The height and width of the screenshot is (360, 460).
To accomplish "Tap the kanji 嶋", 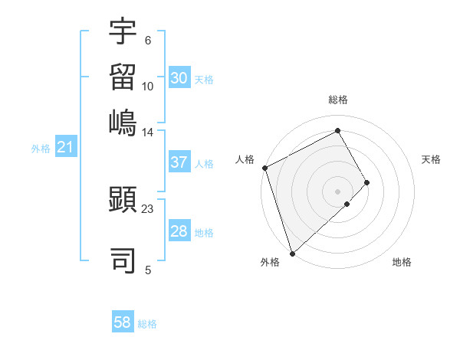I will pyautogui.click(x=123, y=120).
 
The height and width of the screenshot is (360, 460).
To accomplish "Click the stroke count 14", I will pyautogui.click(x=148, y=133).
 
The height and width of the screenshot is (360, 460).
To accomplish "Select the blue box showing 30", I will pyautogui.click(x=179, y=77).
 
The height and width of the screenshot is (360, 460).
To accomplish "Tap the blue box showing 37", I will pyautogui.click(x=179, y=162).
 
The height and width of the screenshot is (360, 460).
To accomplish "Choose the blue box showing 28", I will pyautogui.click(x=179, y=231).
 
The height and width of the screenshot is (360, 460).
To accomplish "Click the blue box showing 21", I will pyautogui.click(x=65, y=147).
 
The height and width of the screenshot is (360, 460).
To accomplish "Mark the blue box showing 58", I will pyautogui.click(x=123, y=322).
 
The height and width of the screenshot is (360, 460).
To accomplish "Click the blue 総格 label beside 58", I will pyautogui.click(x=147, y=324).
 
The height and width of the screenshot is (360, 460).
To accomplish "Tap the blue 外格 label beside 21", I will pyautogui.click(x=41, y=149).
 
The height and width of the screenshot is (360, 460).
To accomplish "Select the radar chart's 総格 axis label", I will pyautogui.click(x=338, y=100).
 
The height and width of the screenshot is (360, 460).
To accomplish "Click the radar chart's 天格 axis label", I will pyautogui.click(x=431, y=160).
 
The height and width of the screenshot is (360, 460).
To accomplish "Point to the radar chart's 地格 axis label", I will pyautogui.click(x=402, y=262).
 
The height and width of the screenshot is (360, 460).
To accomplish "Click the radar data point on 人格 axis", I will pyautogui.click(x=264, y=168).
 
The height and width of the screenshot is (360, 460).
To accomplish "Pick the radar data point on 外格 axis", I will pyautogui.click(x=292, y=253).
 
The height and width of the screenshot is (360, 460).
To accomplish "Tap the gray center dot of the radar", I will pyautogui.click(x=338, y=191).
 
